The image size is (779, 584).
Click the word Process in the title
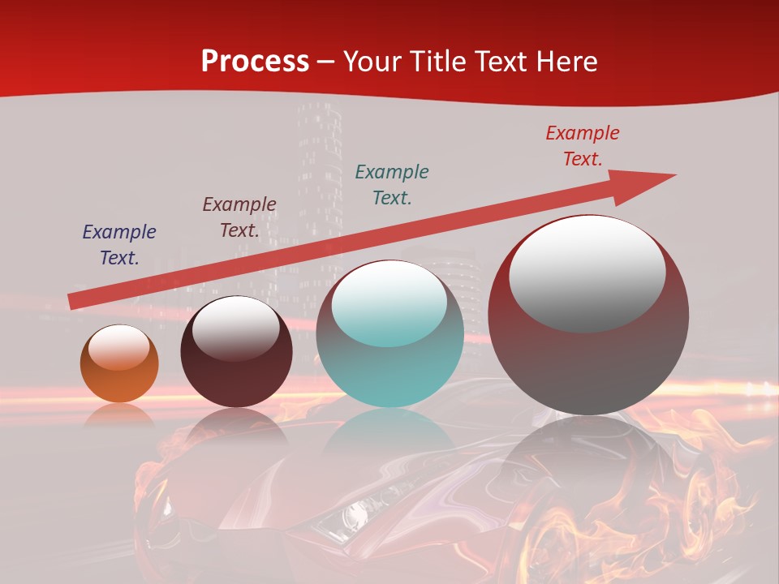[x=255, y=62]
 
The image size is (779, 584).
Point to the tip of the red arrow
[x=674, y=175]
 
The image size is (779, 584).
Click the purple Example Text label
[x=119, y=245]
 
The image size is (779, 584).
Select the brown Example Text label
[x=239, y=217]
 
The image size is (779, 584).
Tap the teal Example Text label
[x=392, y=184]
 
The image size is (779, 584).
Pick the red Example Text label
[x=583, y=146]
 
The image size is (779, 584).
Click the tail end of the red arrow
[x=71, y=302]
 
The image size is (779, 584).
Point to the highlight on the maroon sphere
[x=235, y=328]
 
